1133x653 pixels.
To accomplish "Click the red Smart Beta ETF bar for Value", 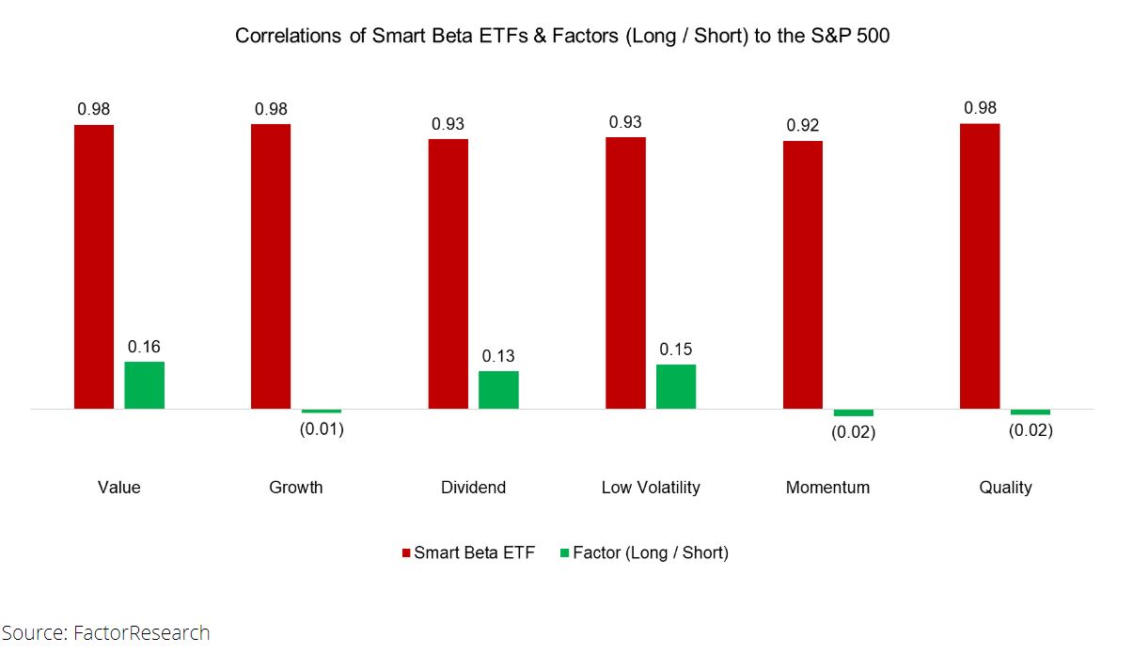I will coord(94,267).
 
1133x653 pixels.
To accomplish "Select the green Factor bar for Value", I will coord(144,385).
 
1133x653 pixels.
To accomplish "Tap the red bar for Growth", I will coord(271,267).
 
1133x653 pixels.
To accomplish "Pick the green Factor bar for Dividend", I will coord(498,390).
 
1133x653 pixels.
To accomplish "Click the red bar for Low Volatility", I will coord(625,273).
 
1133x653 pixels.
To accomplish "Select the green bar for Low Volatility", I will coord(676,386).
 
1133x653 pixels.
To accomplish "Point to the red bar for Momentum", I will coord(802,275).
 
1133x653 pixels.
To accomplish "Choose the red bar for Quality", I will coord(980,267).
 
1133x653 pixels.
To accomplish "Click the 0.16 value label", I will coord(144,348).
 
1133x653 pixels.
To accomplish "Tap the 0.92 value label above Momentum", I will coord(802,125).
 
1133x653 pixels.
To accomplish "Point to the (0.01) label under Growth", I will coord(322,430).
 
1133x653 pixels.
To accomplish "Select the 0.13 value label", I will coord(498,356).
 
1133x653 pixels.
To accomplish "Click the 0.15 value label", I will coord(676,350).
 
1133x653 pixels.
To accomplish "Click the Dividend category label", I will coord(473,487).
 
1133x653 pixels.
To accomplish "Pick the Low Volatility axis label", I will coord(651,487).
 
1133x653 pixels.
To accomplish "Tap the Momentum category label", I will coord(827,487).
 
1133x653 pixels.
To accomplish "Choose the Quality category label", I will coord(1005,487).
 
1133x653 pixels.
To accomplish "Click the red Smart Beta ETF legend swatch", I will coord(407,553).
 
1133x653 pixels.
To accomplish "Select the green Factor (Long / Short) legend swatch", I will coord(565,553).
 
